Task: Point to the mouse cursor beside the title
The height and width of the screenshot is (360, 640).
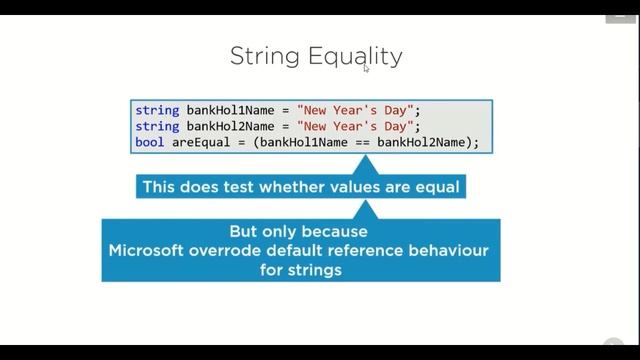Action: pos(366,68)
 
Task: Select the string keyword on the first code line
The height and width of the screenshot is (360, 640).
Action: pos(156,110)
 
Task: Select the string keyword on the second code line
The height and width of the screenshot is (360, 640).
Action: pos(156,126)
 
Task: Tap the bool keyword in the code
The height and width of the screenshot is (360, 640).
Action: pos(149,142)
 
